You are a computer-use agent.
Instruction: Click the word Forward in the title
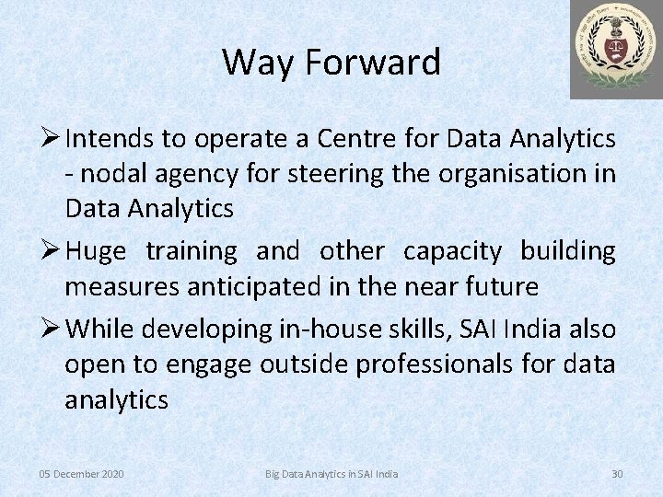tap(376, 63)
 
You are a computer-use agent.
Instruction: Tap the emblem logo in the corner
tap(615, 49)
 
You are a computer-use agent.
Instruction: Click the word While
tap(103, 329)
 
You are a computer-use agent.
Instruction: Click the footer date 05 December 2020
tap(81, 473)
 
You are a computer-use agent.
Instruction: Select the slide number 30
tap(617, 473)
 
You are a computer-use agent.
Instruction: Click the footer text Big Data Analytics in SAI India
tap(331, 473)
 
